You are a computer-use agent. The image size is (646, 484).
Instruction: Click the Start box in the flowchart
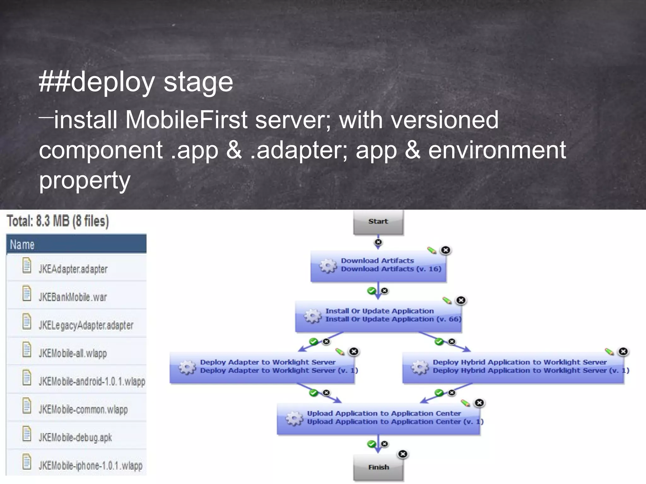[x=378, y=222]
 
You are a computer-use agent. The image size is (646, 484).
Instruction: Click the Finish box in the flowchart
[x=378, y=467]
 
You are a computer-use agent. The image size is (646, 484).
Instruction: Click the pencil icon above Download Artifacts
[x=432, y=251]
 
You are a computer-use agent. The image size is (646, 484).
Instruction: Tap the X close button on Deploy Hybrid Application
[x=623, y=351]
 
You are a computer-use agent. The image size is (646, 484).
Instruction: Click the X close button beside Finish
[x=403, y=454]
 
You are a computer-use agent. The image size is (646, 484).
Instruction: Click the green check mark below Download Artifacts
[x=372, y=291]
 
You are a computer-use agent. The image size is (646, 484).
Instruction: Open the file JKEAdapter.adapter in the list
[x=73, y=269]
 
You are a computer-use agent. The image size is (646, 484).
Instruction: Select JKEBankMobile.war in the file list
[x=73, y=297]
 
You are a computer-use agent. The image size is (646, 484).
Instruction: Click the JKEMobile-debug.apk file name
[x=75, y=437]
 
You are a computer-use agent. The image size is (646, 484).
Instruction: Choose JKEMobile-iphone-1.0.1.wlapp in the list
[x=90, y=465]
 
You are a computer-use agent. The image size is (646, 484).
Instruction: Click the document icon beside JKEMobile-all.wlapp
[x=27, y=350]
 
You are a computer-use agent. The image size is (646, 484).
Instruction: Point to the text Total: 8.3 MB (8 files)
[x=58, y=221]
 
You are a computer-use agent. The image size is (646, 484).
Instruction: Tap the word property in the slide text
[x=85, y=180]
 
